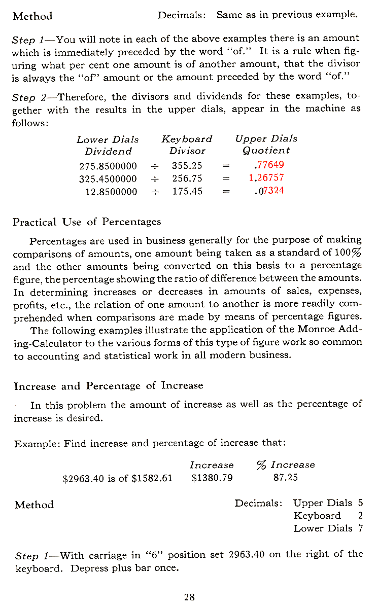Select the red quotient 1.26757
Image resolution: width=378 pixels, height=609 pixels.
266,178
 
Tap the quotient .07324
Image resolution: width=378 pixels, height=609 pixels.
268,191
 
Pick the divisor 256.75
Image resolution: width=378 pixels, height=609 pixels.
187,178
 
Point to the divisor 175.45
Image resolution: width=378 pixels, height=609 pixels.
187,192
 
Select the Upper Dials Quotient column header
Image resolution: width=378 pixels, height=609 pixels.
266,145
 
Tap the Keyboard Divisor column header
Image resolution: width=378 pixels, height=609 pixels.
187,145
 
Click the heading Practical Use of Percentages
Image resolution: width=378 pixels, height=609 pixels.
87,222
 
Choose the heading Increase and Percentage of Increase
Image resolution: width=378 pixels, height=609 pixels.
109,386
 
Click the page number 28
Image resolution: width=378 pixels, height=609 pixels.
189,597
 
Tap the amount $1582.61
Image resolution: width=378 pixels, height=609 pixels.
152,478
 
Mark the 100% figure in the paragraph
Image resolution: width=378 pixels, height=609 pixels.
348,252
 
